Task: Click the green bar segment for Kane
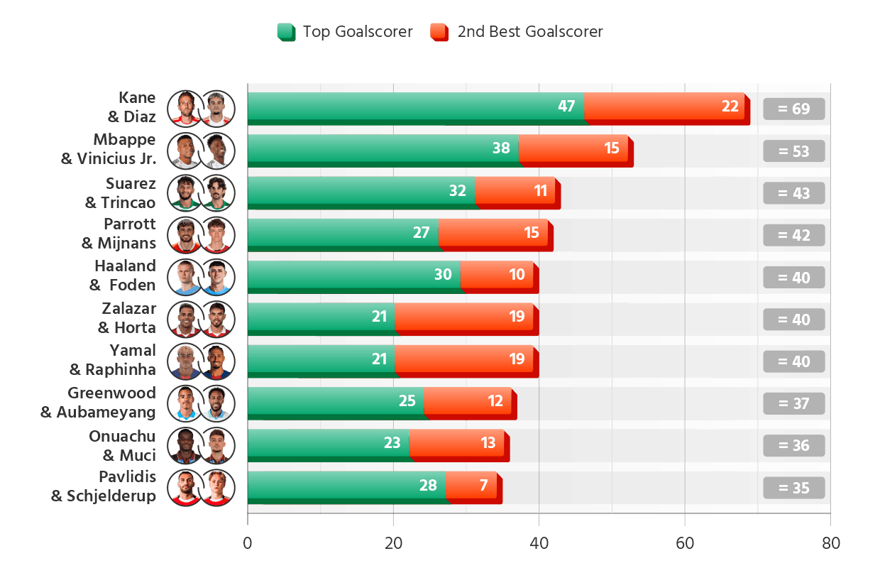click(x=415, y=107)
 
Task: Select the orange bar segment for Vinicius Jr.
click(x=573, y=149)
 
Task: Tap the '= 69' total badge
click(x=793, y=109)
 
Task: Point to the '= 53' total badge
click(x=793, y=151)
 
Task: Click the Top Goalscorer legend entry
click(x=345, y=31)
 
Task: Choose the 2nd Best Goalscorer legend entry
click(x=517, y=31)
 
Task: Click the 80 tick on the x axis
click(x=830, y=543)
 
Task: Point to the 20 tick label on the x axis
click(x=393, y=543)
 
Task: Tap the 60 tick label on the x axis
click(x=685, y=543)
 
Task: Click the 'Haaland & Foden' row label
click(x=124, y=276)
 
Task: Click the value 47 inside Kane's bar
click(x=566, y=107)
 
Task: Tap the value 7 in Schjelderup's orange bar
click(x=483, y=486)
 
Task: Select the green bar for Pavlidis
click(x=346, y=486)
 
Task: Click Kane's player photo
click(x=185, y=108)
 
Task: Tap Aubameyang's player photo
click(x=216, y=403)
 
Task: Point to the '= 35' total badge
click(x=793, y=488)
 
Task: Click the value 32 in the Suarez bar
click(x=458, y=191)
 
